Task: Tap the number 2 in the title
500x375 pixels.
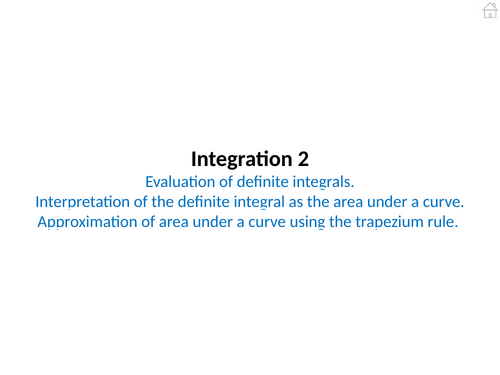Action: click(303, 159)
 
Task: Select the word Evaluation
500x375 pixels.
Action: click(180, 181)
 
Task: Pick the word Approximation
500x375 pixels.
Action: click(86, 222)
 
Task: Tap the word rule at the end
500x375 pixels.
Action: click(441, 222)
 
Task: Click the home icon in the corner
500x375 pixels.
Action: click(489, 10)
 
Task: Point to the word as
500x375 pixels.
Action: click(309, 201)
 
